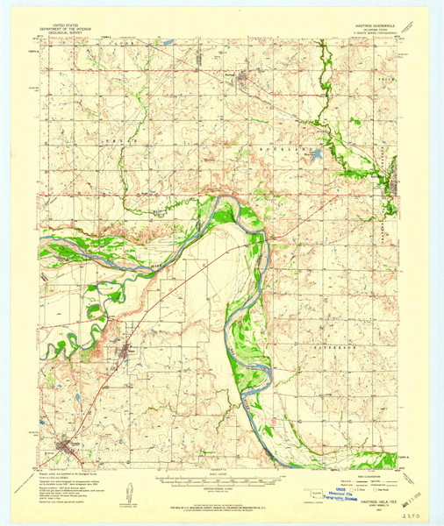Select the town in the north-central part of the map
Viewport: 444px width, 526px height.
[242, 81]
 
